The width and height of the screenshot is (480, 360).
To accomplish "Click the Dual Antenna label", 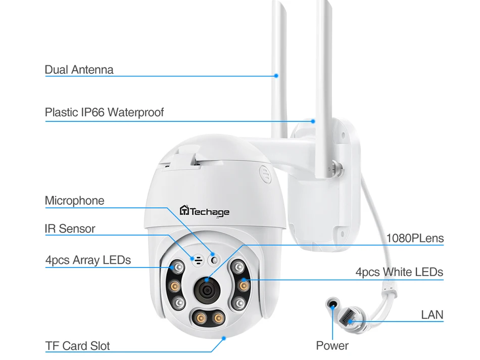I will (x=79, y=70).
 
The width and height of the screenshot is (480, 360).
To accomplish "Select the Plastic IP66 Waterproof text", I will (x=104, y=112).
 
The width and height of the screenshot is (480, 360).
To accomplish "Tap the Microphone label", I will (x=75, y=201).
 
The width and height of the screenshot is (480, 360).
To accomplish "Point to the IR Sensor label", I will (x=70, y=229).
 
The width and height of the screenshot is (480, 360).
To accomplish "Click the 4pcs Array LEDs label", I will (x=88, y=260).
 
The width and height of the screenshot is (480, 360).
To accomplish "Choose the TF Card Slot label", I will (x=77, y=346).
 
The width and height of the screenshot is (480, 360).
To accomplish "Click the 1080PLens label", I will (x=415, y=238).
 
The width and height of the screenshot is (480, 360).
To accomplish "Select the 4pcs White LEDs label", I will (x=399, y=272).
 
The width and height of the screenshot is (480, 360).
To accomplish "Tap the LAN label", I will (x=432, y=315).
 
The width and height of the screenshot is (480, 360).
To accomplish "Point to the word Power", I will (x=332, y=346).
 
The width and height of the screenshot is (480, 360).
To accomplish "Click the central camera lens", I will (x=207, y=289).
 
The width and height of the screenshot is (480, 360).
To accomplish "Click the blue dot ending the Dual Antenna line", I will (x=276, y=76).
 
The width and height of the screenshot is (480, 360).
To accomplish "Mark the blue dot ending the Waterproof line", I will (x=313, y=121).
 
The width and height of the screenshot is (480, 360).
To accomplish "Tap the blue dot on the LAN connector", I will (x=350, y=321).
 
